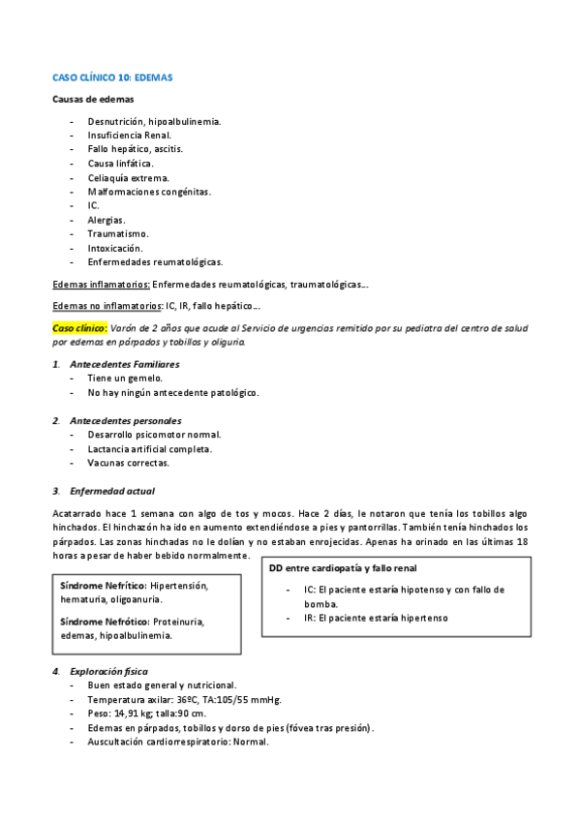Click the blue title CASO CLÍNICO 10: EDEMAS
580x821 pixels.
112,76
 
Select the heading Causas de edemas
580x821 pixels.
93,99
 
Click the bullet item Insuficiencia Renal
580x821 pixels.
129,136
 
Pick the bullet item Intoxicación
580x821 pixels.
114,248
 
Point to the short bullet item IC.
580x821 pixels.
93,205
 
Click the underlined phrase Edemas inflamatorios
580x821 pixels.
101,285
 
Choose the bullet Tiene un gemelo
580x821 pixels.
124,379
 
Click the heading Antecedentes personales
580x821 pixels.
126,420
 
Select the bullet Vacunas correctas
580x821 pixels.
128,463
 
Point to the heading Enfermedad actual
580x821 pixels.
112,491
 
